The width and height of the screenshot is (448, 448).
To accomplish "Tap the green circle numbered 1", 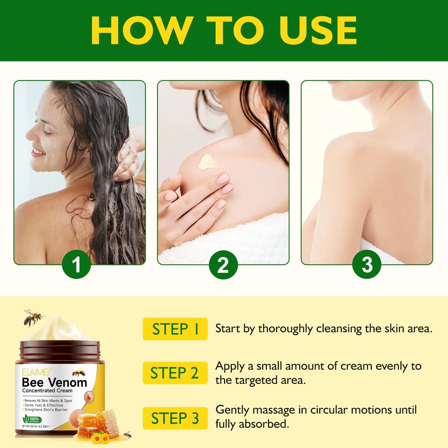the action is pos(76,265).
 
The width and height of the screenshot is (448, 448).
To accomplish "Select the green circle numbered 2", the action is pos(223,265).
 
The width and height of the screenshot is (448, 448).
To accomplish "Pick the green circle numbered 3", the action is pos(367,265).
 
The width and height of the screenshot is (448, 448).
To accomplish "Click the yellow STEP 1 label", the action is pos(175,329).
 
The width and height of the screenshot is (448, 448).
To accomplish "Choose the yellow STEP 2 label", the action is pos(175,373).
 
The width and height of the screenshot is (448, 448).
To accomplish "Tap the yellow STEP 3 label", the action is pos(175,418).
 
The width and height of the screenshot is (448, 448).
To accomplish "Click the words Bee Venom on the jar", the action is pos(54,382).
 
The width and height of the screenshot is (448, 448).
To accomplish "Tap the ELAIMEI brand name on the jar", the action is pos(36,372).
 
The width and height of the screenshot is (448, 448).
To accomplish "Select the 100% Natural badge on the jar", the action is pos(32,420).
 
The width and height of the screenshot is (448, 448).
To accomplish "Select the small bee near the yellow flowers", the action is pos(127,434).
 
